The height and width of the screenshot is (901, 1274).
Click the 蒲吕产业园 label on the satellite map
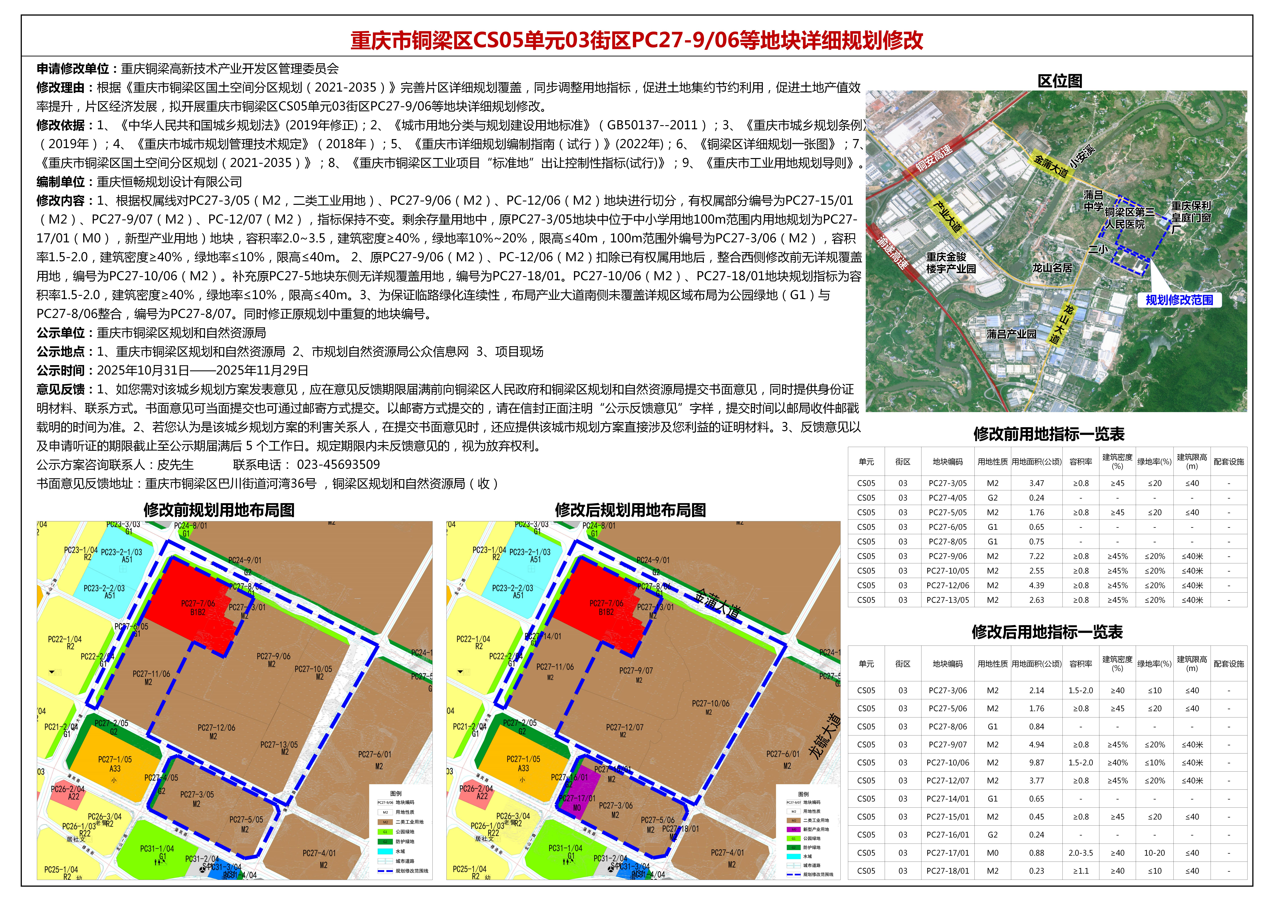[1011, 334]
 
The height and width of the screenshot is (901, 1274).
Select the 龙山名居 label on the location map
[1052, 268]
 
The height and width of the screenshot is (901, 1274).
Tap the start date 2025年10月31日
[143, 371]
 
